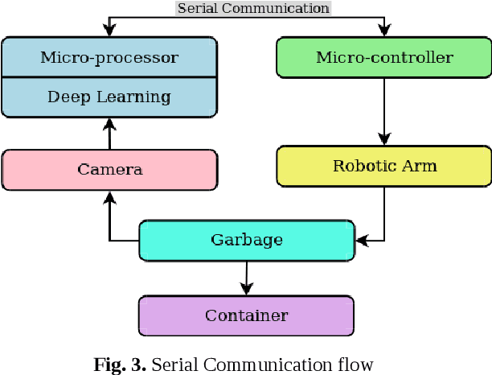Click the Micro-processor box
pyautogui.click(x=109, y=57)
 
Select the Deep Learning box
pyautogui.click(x=109, y=97)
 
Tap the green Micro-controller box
pyautogui.click(x=383, y=57)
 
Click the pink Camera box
pyautogui.click(x=109, y=169)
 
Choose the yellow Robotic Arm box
pyautogui.click(x=383, y=167)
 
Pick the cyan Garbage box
pyautogui.click(x=246, y=240)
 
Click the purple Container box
pyautogui.click(x=246, y=315)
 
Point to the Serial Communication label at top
pyautogui.click(x=252, y=8)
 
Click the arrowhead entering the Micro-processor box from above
pyautogui.click(x=109, y=31)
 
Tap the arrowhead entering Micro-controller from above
pyautogui.click(x=383, y=31)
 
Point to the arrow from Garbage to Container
pyautogui.click(x=246, y=278)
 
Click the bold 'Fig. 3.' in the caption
pyautogui.click(x=119, y=365)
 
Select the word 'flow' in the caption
pyautogui.click(x=357, y=365)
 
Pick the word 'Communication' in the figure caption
pyautogui.click(x=270, y=365)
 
